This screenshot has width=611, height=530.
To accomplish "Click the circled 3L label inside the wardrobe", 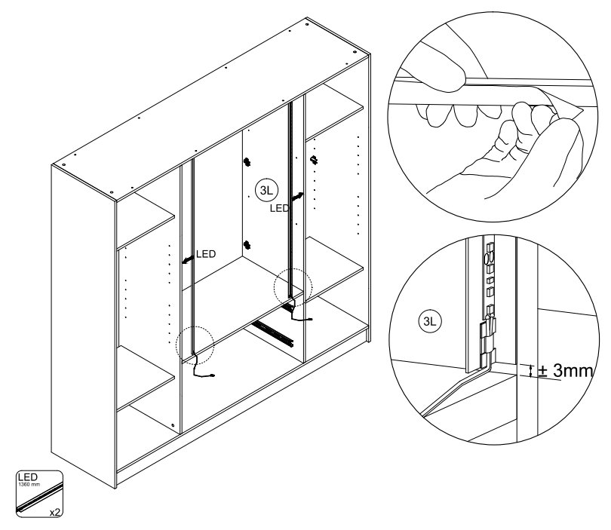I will coord(265,188).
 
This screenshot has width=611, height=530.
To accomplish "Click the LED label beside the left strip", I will coord(206,254).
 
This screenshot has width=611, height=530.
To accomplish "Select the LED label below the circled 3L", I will coord(279,207).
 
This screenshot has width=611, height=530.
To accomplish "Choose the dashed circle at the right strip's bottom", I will coord(291,287).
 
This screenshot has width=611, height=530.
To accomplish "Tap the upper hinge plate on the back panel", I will coord(246,161).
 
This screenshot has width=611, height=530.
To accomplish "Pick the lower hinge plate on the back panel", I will coord(246,244).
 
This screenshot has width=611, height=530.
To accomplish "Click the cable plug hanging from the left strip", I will coord(214,375).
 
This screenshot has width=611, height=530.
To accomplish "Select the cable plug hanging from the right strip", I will coord(309,319).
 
